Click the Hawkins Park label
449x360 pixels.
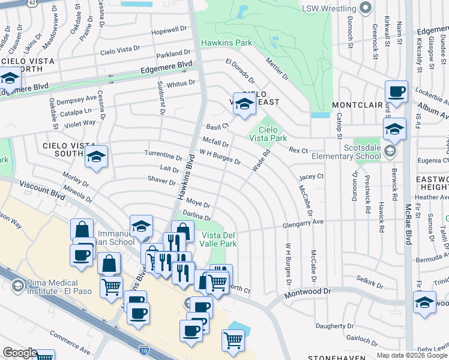(226, 43)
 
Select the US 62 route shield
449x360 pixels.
(32, 2)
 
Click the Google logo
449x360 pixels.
(20, 353)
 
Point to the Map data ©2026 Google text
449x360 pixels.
(411, 355)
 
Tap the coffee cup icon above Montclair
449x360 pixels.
(396, 92)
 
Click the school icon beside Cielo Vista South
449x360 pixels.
(96, 157)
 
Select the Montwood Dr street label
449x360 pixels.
(310, 291)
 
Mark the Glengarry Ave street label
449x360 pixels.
(304, 223)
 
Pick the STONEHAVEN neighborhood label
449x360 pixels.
(337, 358)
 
